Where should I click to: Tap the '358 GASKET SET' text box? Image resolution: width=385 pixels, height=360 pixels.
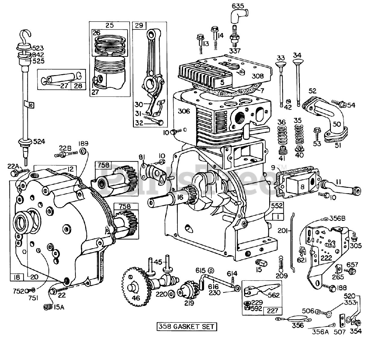(x=186, y=326)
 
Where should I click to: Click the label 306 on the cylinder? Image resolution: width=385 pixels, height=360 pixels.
(x=184, y=111)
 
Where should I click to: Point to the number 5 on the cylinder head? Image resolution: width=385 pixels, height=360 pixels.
(x=222, y=82)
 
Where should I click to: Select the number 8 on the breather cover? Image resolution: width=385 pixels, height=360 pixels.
(x=302, y=187)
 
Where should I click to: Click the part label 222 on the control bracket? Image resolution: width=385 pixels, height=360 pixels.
(x=326, y=258)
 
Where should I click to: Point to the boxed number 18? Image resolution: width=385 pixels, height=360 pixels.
(x=17, y=277)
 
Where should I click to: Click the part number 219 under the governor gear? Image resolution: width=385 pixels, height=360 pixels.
(x=189, y=303)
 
